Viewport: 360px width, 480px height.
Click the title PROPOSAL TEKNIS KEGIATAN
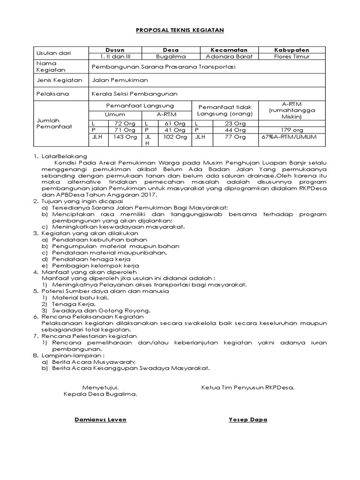tap(180, 30)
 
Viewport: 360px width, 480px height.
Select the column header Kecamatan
tap(229, 50)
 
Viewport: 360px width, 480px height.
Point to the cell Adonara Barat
tap(229, 56)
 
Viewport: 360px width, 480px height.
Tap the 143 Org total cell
tap(124, 137)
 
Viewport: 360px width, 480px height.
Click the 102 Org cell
tap(175, 137)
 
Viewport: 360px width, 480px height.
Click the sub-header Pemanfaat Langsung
tap(140, 106)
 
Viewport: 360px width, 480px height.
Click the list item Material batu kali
tap(80, 297)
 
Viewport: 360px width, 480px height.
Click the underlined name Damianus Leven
tap(100, 420)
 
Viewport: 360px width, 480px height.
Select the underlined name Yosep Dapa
tap(247, 420)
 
